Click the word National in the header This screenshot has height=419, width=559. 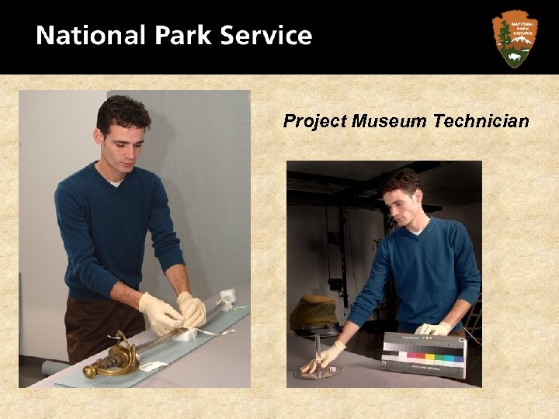pyautogui.click(x=90, y=36)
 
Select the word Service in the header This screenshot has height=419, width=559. pyautogui.click(x=266, y=36)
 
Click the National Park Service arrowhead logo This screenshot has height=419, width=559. pyautogui.click(x=514, y=38)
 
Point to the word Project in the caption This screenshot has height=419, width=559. pyautogui.click(x=314, y=121)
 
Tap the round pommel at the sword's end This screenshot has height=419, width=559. pyautogui.click(x=90, y=372)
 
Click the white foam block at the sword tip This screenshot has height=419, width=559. pyautogui.click(x=227, y=296)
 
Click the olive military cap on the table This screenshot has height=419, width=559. pyautogui.click(x=314, y=313)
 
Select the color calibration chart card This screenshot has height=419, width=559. pyautogui.click(x=423, y=353)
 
